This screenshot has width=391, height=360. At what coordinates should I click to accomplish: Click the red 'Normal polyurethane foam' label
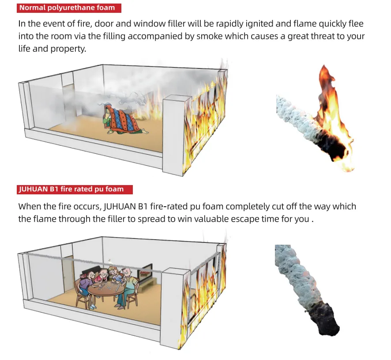pyautogui.click(x=69, y=8)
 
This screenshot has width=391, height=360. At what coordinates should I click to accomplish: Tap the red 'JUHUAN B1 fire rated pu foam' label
pyautogui.click(x=75, y=189)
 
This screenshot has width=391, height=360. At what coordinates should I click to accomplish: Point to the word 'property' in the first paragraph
pyautogui.click(x=68, y=49)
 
